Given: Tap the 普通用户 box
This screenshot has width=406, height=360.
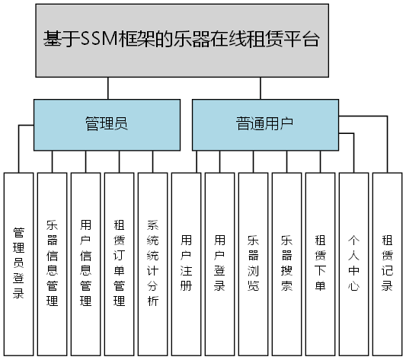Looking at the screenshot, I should point(265,124).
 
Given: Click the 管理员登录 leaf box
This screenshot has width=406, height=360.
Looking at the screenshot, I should point(18,263).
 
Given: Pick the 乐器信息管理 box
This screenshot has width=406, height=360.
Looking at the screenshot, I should point(52,263).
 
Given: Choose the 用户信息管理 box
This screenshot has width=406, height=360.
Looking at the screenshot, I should point(85,263).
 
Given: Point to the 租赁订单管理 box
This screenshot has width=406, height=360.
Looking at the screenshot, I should point(119,263).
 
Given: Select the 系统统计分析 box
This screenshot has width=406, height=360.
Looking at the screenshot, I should point(152,263).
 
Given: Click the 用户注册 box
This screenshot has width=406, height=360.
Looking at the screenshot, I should point(186,263).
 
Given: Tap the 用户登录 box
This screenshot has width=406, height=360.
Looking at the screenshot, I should point(219,263).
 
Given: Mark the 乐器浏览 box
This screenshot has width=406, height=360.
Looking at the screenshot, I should point(253,263).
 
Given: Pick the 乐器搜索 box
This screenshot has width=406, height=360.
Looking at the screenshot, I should point(286,263).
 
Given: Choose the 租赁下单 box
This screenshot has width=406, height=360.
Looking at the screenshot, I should point(320,263).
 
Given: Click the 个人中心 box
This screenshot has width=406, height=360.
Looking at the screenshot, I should point(353,263).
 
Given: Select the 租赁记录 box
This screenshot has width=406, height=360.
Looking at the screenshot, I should point(387,263).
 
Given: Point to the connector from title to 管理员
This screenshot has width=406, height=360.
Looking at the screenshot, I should point(108,90).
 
